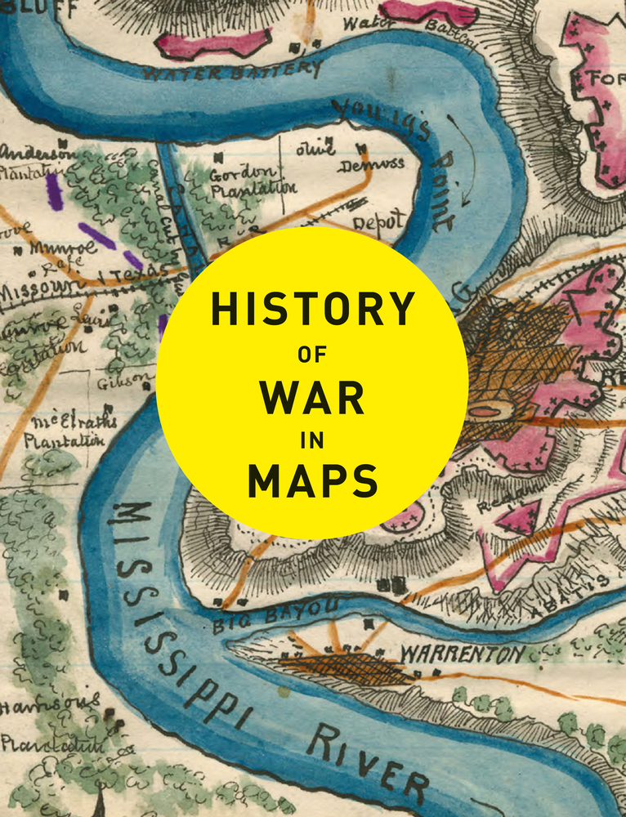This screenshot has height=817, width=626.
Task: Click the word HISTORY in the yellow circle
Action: (x=312, y=310)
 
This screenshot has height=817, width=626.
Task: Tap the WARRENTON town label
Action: (x=462, y=654)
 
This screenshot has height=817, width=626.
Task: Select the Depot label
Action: (x=378, y=221)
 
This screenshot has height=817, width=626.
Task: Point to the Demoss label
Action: (x=371, y=163)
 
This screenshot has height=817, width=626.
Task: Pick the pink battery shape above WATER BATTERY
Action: (x=214, y=42)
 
